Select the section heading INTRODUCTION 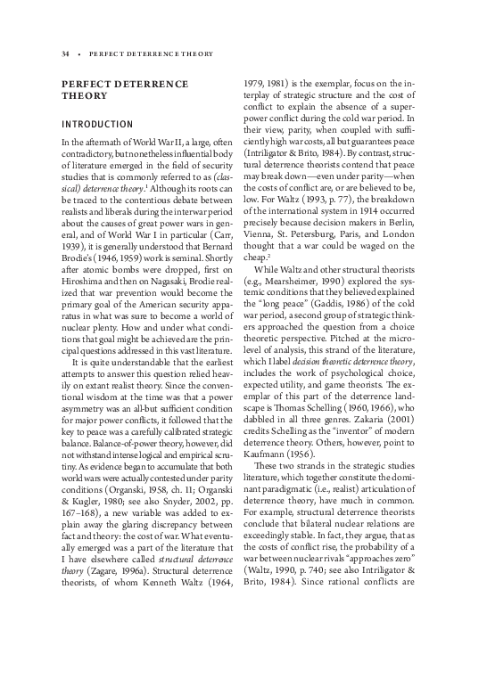tap(97, 124)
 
